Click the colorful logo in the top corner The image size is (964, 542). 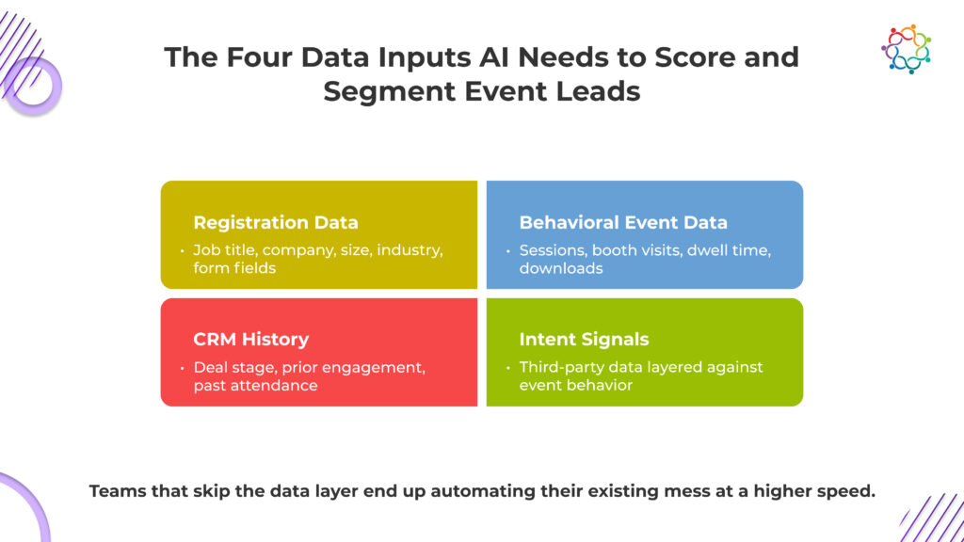pos(906,49)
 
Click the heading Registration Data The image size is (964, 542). pos(275,223)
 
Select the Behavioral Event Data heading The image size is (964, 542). pos(623,223)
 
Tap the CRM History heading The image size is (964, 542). pos(250,340)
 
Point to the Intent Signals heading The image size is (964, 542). pos(584,340)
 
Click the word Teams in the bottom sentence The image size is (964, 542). pos(118,491)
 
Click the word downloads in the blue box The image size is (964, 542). pos(561,268)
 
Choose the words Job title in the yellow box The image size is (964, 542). pos(222,250)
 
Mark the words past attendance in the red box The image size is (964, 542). pos(255,385)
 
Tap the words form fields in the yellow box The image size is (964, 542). pos(234,268)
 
